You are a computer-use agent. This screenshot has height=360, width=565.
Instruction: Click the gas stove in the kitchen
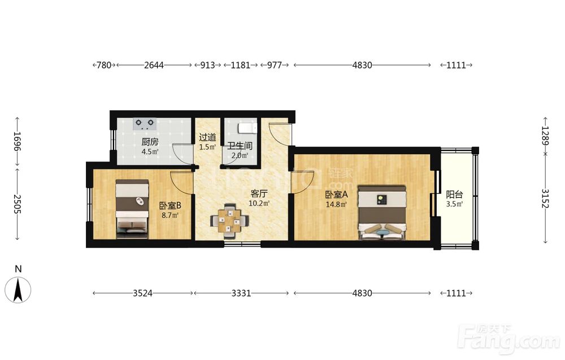[145, 124]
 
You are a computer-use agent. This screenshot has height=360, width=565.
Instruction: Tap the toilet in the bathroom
[247, 128]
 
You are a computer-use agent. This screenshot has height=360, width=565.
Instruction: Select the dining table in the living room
[229, 221]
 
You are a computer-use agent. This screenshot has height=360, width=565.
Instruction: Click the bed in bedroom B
[132, 209]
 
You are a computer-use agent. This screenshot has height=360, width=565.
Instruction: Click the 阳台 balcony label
[454, 195]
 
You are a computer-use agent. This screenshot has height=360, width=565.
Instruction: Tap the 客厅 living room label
[259, 193]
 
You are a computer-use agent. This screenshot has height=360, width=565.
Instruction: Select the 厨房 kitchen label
[150, 142]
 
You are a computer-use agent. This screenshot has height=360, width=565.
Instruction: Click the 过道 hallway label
[207, 137]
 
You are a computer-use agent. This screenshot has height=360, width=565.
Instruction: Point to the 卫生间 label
[240, 146]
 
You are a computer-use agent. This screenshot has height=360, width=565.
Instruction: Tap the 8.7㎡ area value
[169, 215]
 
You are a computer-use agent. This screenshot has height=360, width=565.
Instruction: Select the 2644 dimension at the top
[154, 65]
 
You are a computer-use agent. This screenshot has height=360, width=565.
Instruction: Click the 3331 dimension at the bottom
[241, 293]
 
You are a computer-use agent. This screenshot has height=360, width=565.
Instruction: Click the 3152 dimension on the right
[546, 198]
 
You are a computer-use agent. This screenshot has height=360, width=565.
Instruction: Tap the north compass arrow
[18, 289]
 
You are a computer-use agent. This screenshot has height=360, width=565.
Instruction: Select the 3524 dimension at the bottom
[143, 293]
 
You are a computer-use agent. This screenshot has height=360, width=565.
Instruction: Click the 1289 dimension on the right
[546, 136]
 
